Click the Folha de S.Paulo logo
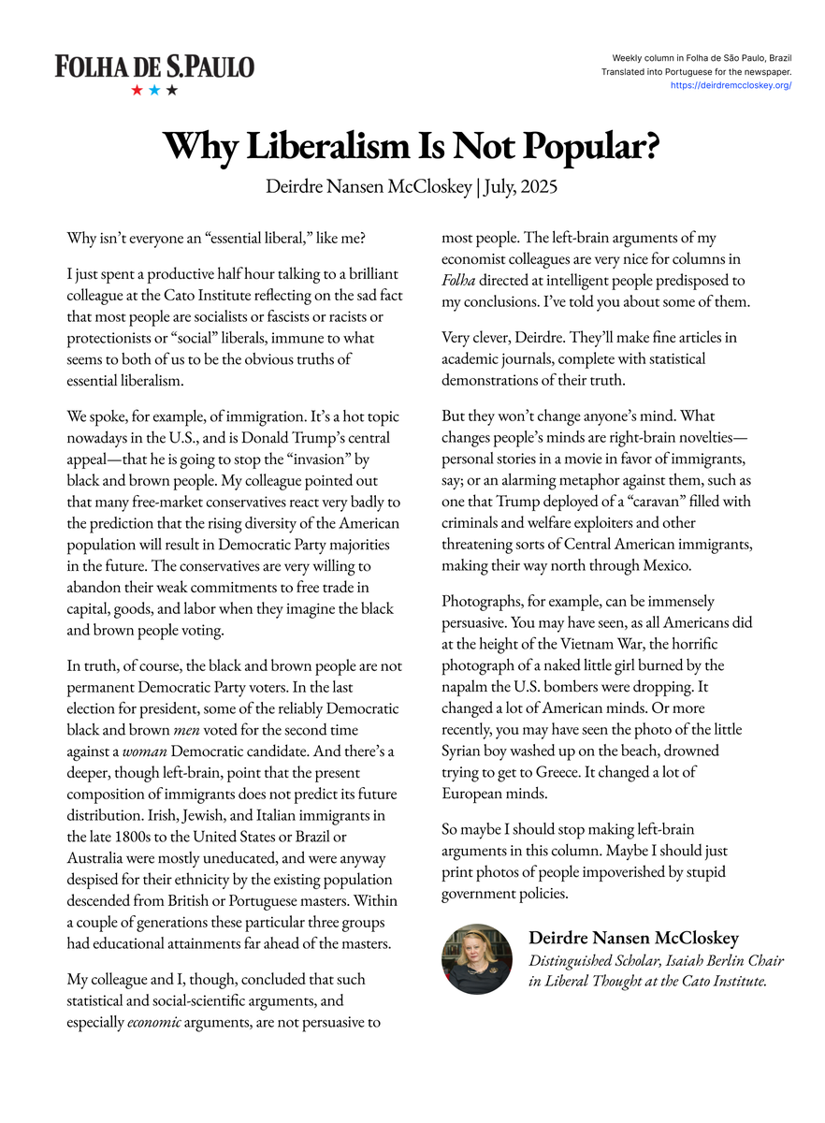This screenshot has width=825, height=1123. (x=154, y=66)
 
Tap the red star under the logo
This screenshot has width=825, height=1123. (x=137, y=91)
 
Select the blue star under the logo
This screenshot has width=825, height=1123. (x=154, y=91)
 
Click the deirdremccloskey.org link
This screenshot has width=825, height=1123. (x=731, y=85)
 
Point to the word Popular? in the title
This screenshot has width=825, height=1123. (x=590, y=146)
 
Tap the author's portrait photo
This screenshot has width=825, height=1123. (x=476, y=958)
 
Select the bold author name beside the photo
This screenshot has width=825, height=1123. (x=634, y=938)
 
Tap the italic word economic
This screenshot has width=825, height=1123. (x=154, y=1023)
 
